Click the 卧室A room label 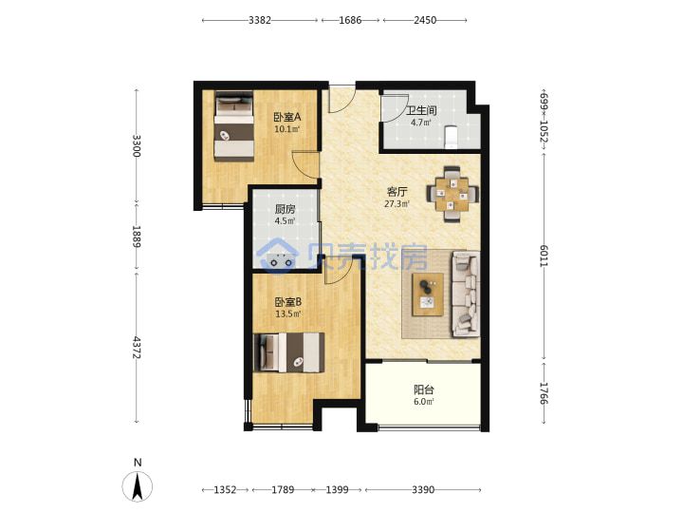tap(287, 117)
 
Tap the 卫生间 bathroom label tap(421, 110)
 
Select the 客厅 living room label tap(397, 192)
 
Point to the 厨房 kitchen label tap(285, 209)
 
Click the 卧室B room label tap(288, 302)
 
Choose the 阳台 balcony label tap(423, 389)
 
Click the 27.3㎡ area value tap(397, 203)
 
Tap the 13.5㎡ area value tap(288, 313)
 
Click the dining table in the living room tap(452, 194)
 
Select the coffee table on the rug tap(428, 294)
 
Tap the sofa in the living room tap(466, 294)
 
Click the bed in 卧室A tap(234, 126)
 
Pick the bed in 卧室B tap(288, 352)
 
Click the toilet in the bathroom tap(452, 137)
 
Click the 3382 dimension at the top tap(260, 20)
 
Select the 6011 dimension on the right tap(544, 256)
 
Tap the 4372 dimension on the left tap(137, 348)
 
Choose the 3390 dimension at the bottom tap(423, 490)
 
